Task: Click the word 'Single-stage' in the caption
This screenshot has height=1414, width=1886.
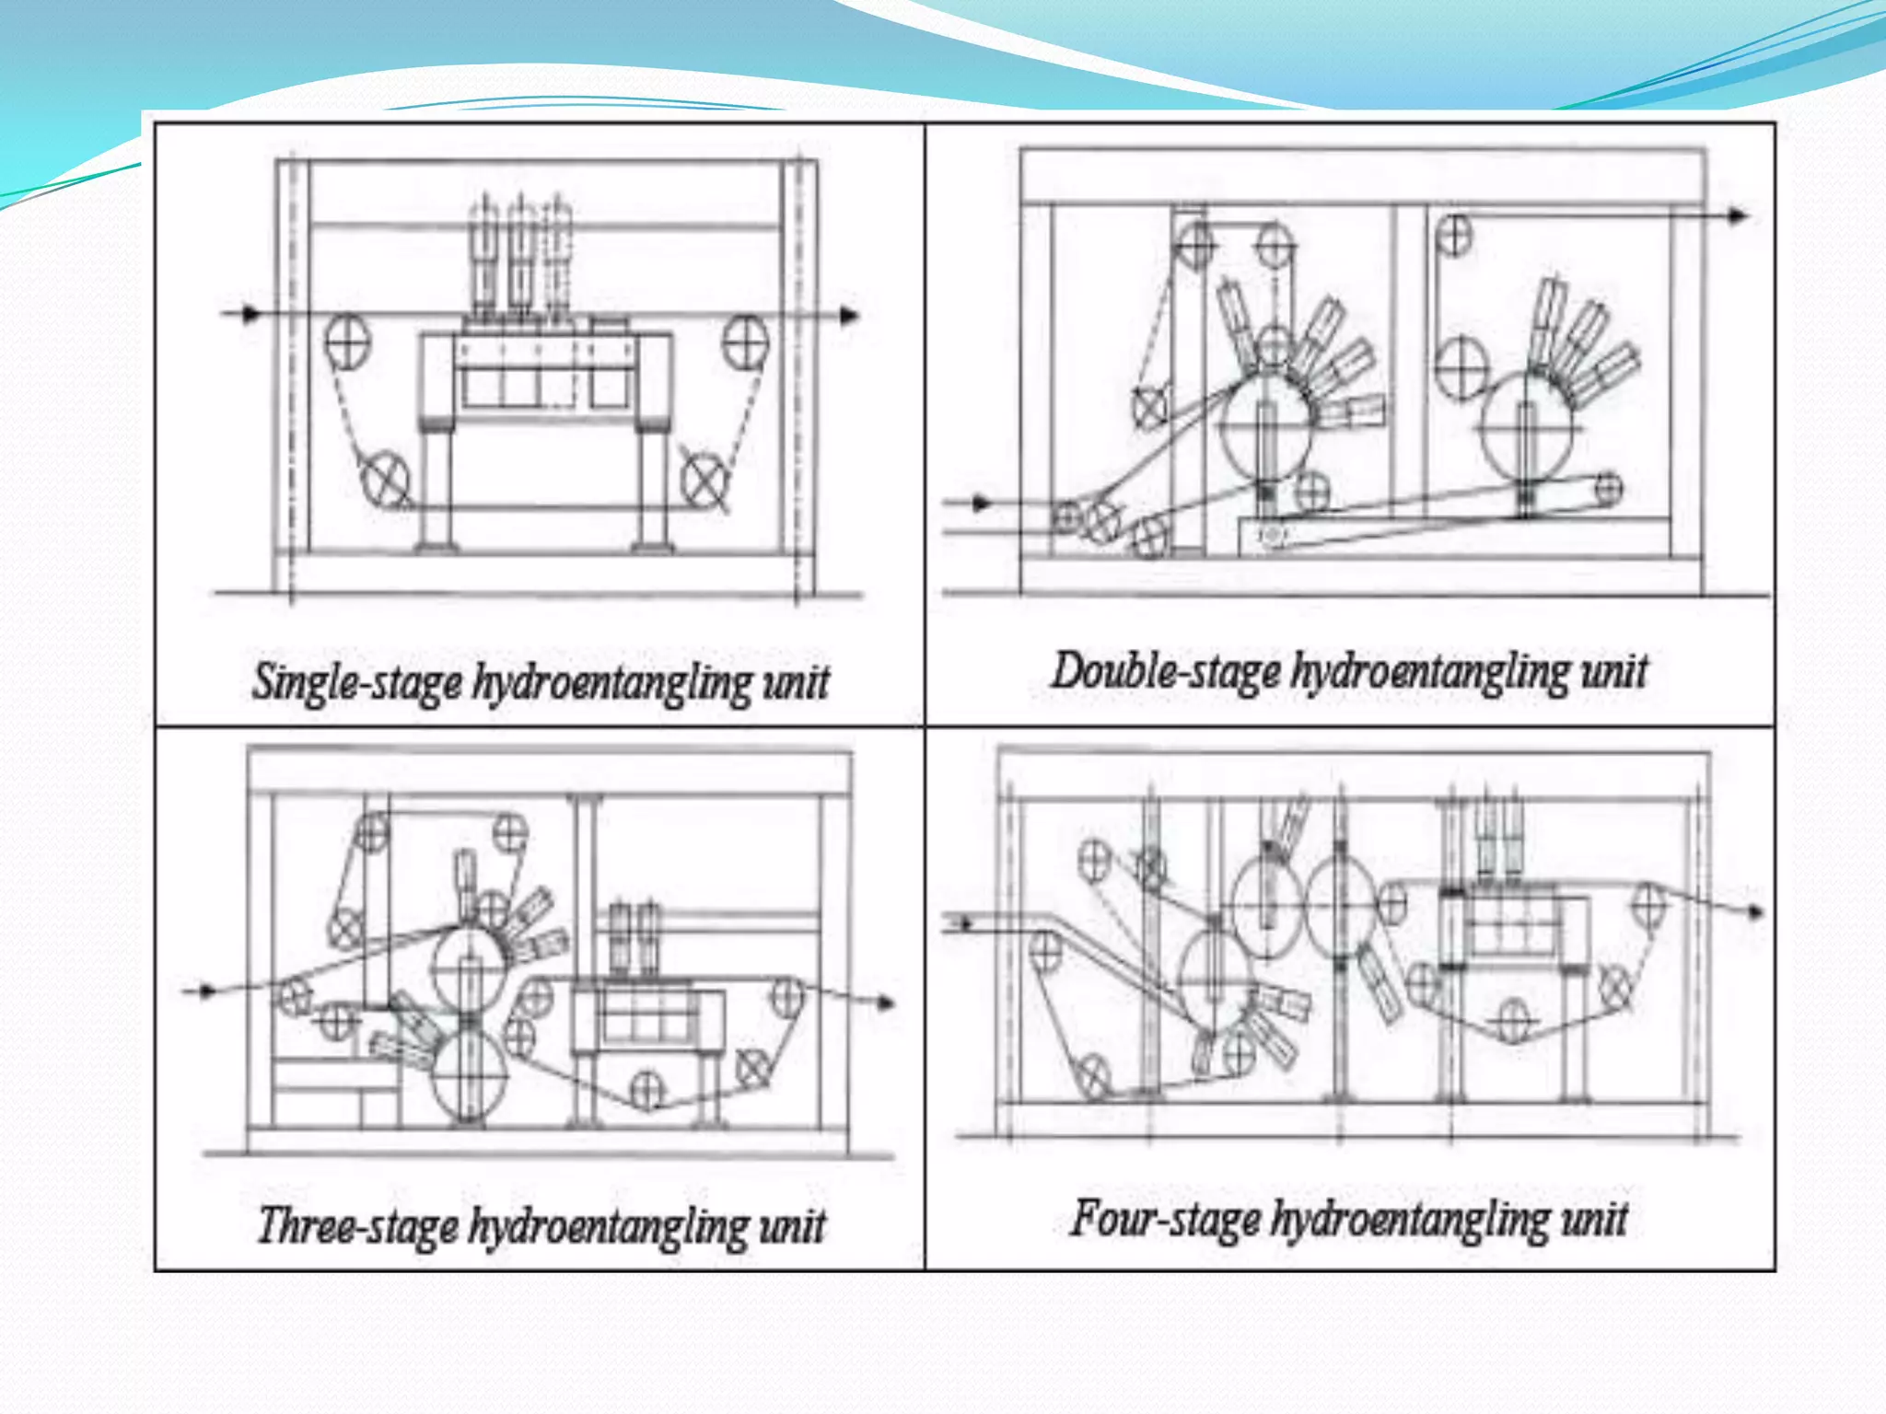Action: [357, 682]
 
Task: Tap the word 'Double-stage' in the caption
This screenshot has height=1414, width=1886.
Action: [1165, 670]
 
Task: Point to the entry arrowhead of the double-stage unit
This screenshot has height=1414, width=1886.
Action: [982, 504]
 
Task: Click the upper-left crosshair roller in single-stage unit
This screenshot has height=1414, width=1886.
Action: [347, 340]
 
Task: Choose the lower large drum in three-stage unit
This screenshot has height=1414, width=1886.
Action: [470, 1074]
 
